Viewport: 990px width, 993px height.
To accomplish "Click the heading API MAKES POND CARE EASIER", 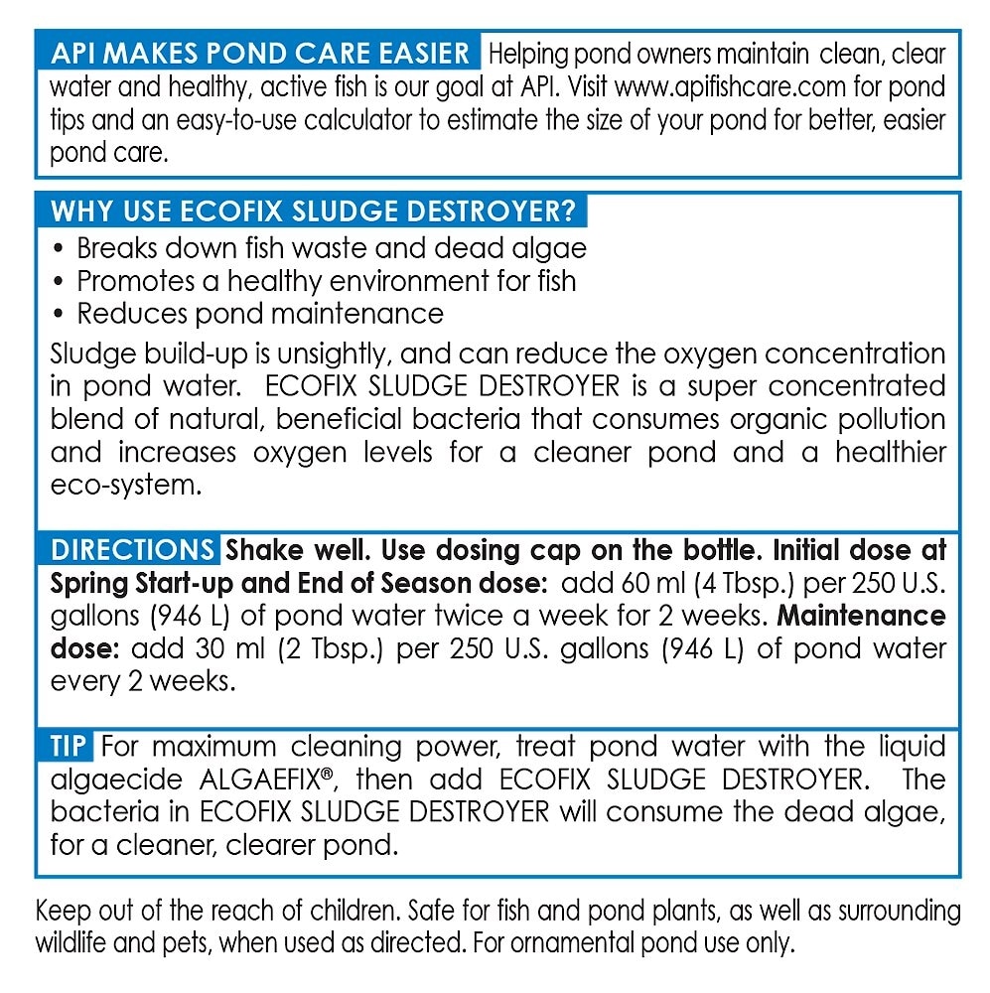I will point(259,53).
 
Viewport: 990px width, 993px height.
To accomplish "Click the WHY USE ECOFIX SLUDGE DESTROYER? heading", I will point(312,212).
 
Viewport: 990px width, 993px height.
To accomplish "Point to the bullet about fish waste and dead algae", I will point(331,247).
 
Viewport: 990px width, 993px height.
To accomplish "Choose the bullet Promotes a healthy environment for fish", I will point(326,280).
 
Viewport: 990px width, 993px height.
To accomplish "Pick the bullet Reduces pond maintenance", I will point(260,314).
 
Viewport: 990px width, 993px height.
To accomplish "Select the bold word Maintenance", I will point(861,616).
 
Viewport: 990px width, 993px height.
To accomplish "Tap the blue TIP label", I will point(71,746).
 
